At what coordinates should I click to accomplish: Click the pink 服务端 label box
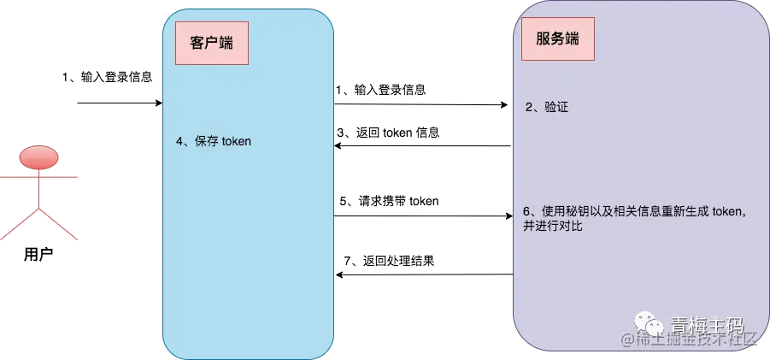558,39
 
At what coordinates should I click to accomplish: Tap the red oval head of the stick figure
38,158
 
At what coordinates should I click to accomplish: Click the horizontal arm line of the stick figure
40,175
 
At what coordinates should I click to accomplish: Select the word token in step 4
236,142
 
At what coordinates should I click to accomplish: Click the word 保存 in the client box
207,142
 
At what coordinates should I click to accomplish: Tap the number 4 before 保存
179,142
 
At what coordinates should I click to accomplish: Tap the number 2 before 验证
529,108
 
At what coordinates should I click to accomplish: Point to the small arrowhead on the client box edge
160,104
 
